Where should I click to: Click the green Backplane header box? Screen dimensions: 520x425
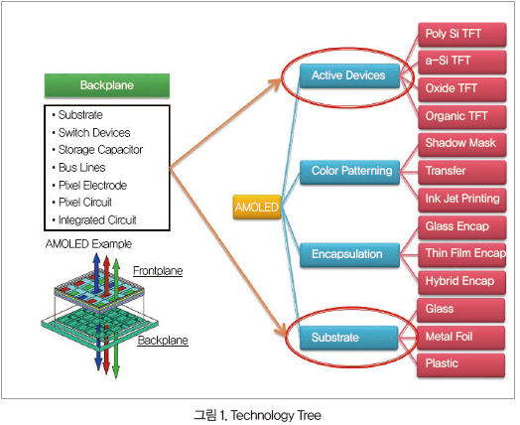point(107,85)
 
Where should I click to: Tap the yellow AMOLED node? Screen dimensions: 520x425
point(257,207)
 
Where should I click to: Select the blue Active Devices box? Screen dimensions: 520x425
point(349,75)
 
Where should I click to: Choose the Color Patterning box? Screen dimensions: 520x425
point(350,172)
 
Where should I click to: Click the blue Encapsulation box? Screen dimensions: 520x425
point(350,254)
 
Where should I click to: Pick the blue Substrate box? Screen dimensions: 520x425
point(349,338)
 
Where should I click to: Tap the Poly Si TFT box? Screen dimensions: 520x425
point(462,34)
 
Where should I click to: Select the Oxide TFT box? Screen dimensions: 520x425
point(462,89)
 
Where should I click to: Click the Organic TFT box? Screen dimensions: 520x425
point(462,117)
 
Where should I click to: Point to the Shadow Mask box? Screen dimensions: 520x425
point(462,144)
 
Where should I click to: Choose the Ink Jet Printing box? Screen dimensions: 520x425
point(462,200)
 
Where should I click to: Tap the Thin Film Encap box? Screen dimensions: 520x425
point(462,254)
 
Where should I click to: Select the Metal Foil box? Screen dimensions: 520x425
point(461,338)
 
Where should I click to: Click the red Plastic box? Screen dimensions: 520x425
point(461,365)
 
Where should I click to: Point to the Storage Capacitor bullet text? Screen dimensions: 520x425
point(100,150)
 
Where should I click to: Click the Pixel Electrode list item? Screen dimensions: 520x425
point(92,185)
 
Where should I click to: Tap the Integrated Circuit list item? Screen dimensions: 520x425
point(97,220)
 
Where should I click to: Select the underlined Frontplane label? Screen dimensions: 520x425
point(158,271)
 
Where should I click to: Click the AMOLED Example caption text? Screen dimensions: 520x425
point(88,244)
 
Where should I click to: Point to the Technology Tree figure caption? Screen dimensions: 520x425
point(257,415)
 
